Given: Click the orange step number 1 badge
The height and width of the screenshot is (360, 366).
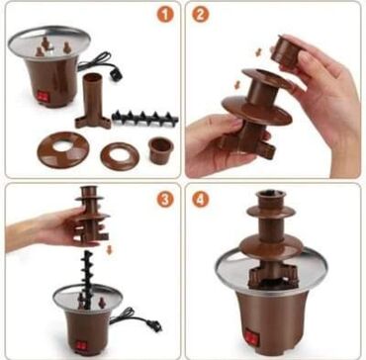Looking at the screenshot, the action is point(165,14).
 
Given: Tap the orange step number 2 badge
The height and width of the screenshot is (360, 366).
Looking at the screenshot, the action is point(201,14).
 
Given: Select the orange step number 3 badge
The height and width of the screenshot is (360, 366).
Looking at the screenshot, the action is point(165,199).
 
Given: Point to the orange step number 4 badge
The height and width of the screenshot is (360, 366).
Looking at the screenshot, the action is point(201,199).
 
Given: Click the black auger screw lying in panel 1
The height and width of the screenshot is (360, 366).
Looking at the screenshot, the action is point(144,118).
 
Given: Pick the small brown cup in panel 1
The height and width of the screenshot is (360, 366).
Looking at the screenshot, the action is point(161,150).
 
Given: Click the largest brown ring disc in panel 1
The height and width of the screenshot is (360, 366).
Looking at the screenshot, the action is point(63,149).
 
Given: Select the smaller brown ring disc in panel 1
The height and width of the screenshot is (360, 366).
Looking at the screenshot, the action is point(120,156).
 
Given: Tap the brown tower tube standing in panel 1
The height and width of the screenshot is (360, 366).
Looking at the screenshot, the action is point(93,101).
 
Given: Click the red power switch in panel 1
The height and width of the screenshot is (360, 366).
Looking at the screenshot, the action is point(43,96).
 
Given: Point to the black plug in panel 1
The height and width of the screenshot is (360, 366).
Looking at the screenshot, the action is point(117,74).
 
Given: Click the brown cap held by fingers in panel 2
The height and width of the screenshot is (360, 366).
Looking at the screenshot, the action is point(285,49).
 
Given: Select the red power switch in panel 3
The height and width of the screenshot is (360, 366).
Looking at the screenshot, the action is point(81,345).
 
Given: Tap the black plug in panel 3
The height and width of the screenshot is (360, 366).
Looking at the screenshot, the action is point(155,325).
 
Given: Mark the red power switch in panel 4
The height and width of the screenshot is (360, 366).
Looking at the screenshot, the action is point(252,338).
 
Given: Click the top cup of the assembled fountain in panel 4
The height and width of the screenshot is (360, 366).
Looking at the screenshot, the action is point(271,199).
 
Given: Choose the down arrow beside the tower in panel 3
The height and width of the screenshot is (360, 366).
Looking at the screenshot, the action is point(110,249).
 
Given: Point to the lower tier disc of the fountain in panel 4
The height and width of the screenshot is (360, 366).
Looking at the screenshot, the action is point(271,246).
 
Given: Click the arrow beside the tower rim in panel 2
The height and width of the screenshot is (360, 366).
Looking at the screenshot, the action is point(237,85).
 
